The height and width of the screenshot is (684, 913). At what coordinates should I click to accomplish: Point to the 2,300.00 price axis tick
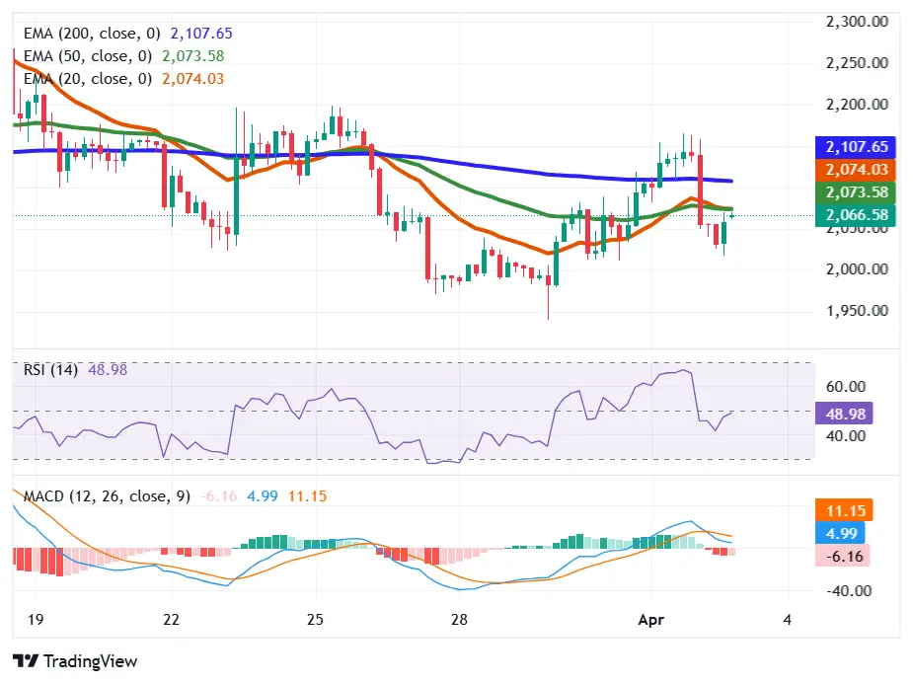coord(856,21)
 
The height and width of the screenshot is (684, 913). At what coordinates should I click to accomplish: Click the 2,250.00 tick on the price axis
coord(856,62)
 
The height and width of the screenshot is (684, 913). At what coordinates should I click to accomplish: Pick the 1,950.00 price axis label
coord(856,310)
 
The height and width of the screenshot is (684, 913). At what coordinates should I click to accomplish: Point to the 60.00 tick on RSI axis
coord(845,386)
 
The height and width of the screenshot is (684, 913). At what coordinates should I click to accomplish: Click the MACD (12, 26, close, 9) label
coord(107,496)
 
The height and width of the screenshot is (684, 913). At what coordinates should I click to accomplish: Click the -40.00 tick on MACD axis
coord(845,591)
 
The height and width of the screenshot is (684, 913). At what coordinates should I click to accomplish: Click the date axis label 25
coord(315,620)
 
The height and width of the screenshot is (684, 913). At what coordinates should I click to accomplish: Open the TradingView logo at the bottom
coord(75,661)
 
